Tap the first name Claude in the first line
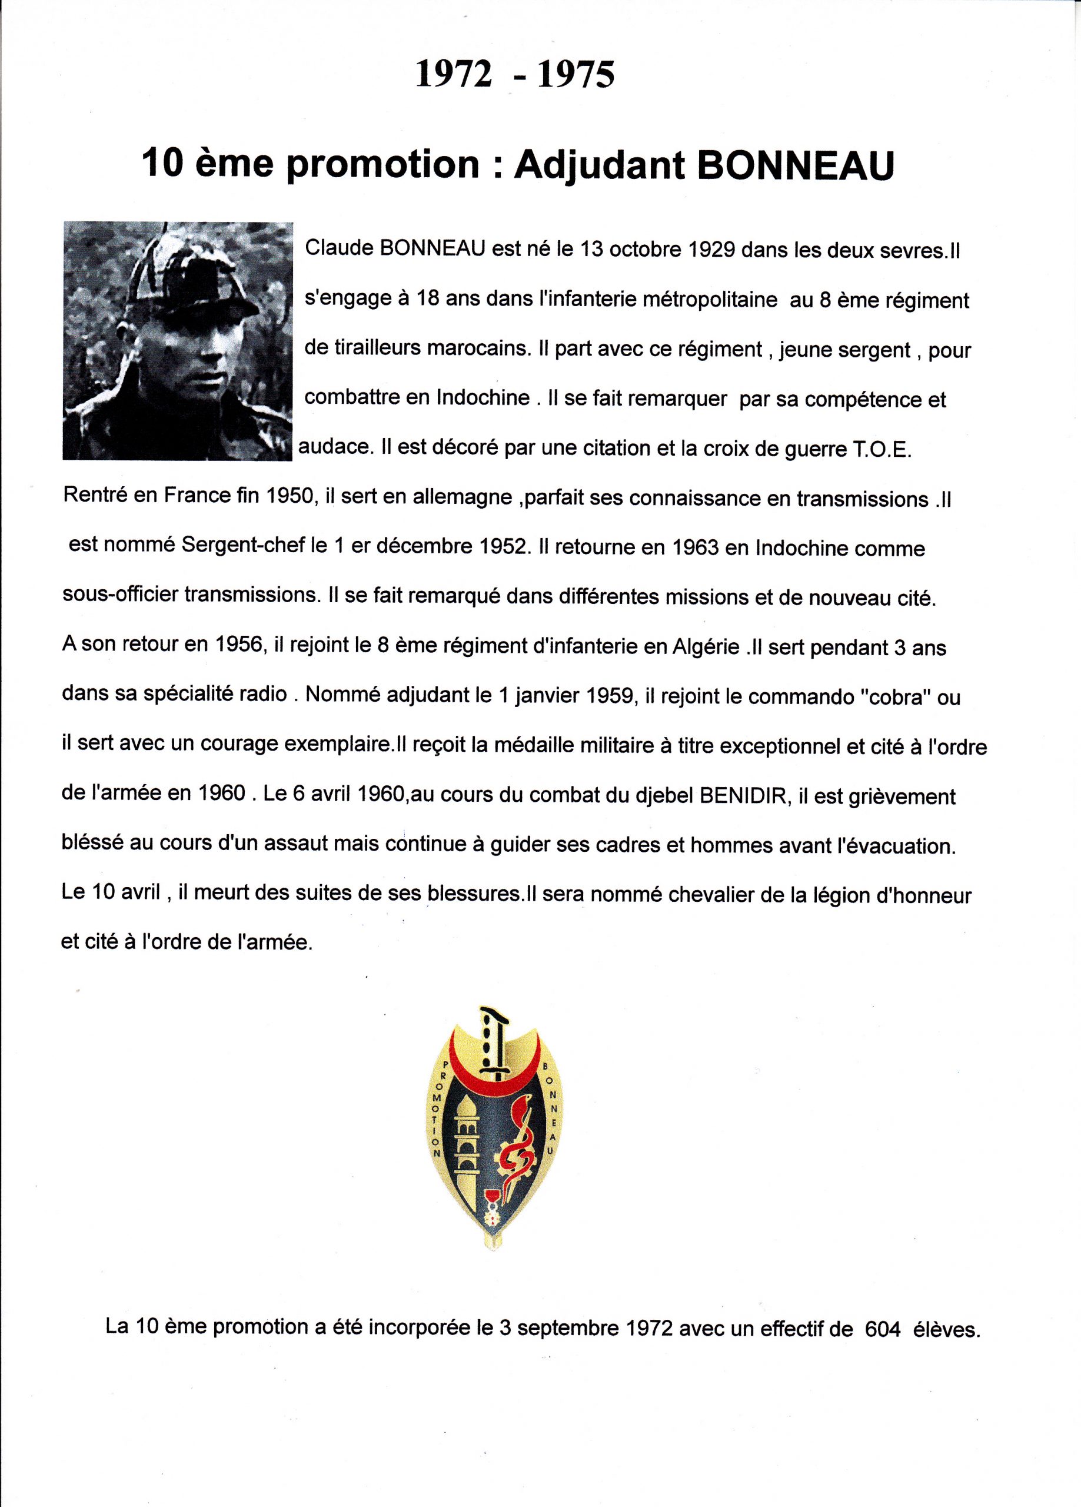click(338, 249)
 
